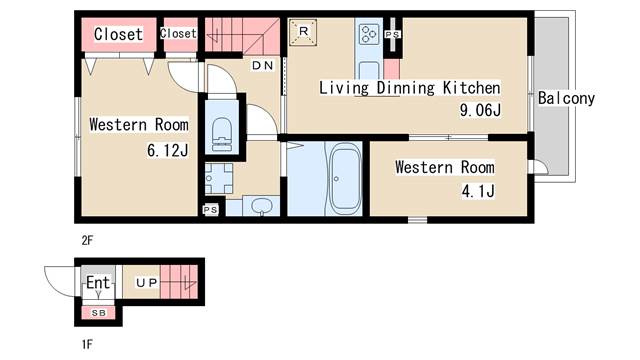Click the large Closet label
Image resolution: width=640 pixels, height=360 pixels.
click(x=118, y=34)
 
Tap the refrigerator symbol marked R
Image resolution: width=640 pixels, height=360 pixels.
click(x=303, y=31)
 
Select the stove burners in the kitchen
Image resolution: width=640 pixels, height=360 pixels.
click(x=369, y=34)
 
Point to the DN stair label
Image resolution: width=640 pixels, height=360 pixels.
click(x=262, y=65)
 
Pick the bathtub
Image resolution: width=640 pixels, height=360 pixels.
click(x=345, y=180)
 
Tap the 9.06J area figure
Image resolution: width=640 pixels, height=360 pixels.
click(x=480, y=110)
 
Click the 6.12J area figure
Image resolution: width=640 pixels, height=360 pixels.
click(x=168, y=151)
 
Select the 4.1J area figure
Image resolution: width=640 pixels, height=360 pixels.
click(x=478, y=191)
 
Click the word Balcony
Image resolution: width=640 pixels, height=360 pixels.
click(x=566, y=98)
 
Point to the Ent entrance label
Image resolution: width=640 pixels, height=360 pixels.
click(x=98, y=282)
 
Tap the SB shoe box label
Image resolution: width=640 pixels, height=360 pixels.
click(x=98, y=313)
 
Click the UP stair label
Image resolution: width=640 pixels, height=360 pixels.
click(x=147, y=282)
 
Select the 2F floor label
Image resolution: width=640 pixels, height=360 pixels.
click(x=87, y=240)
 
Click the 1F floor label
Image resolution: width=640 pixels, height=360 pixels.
click(x=87, y=344)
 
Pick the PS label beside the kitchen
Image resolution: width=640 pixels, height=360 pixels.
click(x=392, y=35)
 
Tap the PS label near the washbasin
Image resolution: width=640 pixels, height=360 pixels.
click(x=211, y=210)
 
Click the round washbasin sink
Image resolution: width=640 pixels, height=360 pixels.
click(x=261, y=205)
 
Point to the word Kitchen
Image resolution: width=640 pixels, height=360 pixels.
click(x=471, y=88)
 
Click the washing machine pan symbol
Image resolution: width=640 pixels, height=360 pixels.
click(x=219, y=178)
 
